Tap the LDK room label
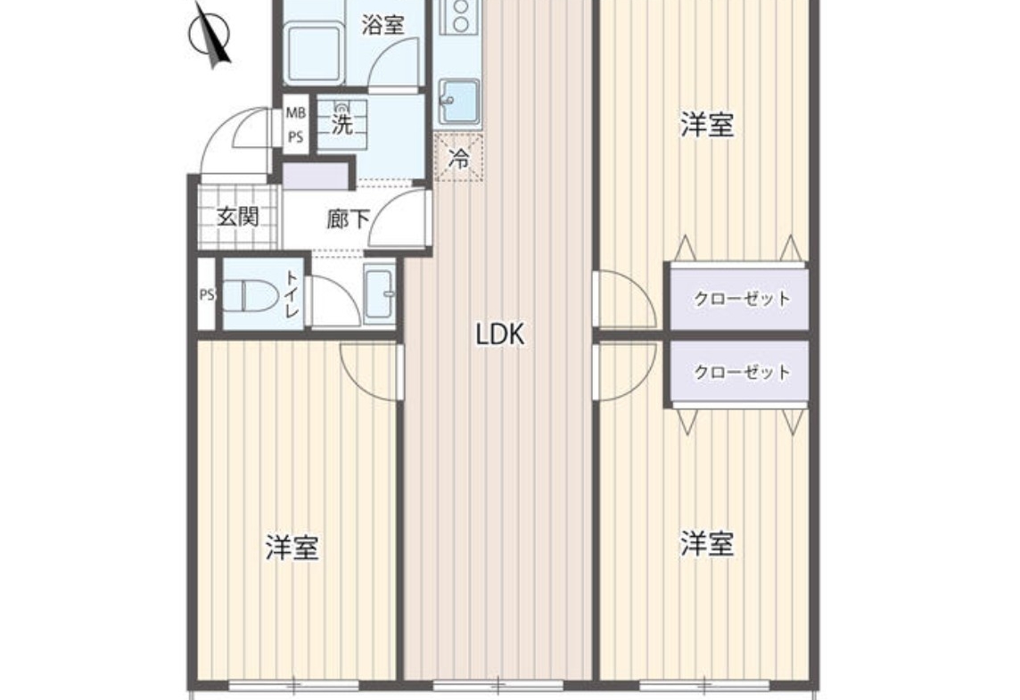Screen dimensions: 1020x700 500,334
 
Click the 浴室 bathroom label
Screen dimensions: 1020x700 383,25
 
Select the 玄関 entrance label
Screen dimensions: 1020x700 238,217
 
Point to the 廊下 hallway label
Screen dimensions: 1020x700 348,219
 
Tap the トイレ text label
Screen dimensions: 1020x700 292,294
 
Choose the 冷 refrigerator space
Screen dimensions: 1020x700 459,157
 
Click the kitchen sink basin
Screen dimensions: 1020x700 459,101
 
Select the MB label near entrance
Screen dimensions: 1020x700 296,113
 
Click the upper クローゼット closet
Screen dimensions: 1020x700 741,299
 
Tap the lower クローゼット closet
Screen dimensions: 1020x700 741,372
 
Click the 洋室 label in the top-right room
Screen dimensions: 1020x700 708,125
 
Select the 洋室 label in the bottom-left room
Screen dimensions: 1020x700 292,548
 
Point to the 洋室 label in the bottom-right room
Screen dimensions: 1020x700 708,544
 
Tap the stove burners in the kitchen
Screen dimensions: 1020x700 461,16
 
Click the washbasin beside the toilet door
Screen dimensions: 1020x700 380,295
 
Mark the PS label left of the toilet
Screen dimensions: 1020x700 207,294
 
